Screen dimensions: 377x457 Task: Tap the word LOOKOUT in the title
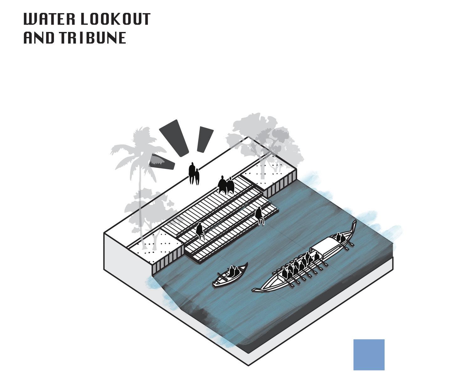point(116,19)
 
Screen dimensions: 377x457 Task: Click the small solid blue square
point(369,354)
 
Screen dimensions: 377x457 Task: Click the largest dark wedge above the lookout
point(174,138)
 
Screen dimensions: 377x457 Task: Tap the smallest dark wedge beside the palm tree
point(162,162)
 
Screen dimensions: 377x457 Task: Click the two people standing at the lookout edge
point(194,174)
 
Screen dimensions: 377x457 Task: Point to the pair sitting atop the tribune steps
point(226,186)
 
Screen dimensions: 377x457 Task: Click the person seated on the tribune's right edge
point(259,216)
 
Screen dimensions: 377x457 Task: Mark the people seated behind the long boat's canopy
point(340,238)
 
